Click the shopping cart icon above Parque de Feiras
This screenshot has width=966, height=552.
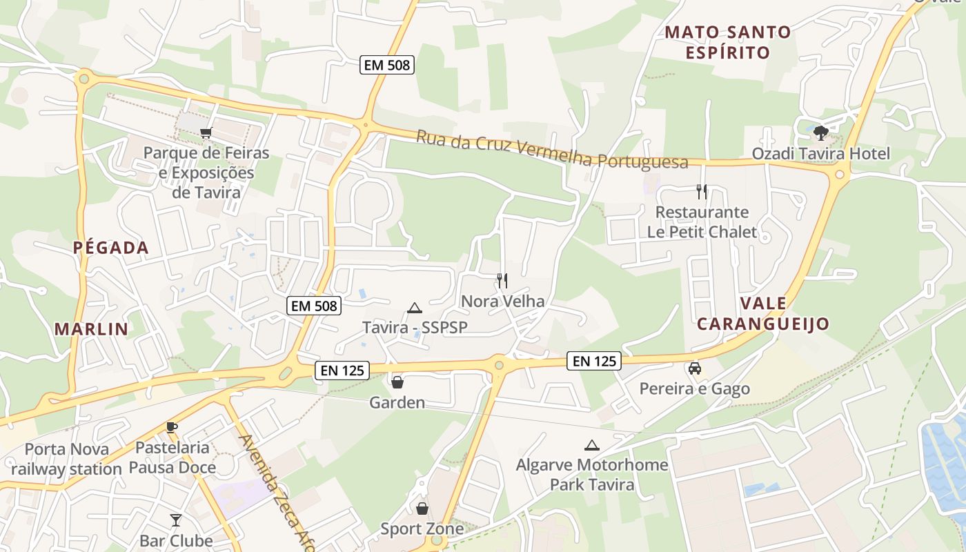point(205,132)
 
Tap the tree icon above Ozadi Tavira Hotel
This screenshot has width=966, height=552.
point(820,132)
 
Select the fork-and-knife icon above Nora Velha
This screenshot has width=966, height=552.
point(502,280)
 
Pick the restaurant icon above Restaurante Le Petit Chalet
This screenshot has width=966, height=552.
point(702,191)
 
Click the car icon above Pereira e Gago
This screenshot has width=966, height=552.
point(695,368)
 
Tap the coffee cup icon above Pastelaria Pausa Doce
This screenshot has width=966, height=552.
point(172,428)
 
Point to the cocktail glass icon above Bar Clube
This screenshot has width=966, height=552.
point(176,520)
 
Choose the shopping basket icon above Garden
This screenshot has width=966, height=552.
point(397,382)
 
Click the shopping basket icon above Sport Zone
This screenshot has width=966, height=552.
point(422,509)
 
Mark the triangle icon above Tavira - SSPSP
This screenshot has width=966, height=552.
point(414,308)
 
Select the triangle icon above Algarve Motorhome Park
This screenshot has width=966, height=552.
point(591,446)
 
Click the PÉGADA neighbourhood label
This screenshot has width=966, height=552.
point(111,248)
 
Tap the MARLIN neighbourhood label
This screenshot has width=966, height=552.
point(92,329)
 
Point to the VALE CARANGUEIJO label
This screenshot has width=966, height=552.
point(763,313)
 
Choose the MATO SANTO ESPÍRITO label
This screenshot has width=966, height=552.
point(727,42)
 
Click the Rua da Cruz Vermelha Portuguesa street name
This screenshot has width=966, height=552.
point(552,150)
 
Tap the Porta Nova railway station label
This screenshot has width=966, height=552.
point(66,460)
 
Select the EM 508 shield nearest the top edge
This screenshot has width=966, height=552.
point(386,66)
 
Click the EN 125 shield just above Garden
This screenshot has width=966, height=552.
point(342,371)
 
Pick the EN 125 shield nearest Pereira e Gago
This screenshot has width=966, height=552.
point(594,360)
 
